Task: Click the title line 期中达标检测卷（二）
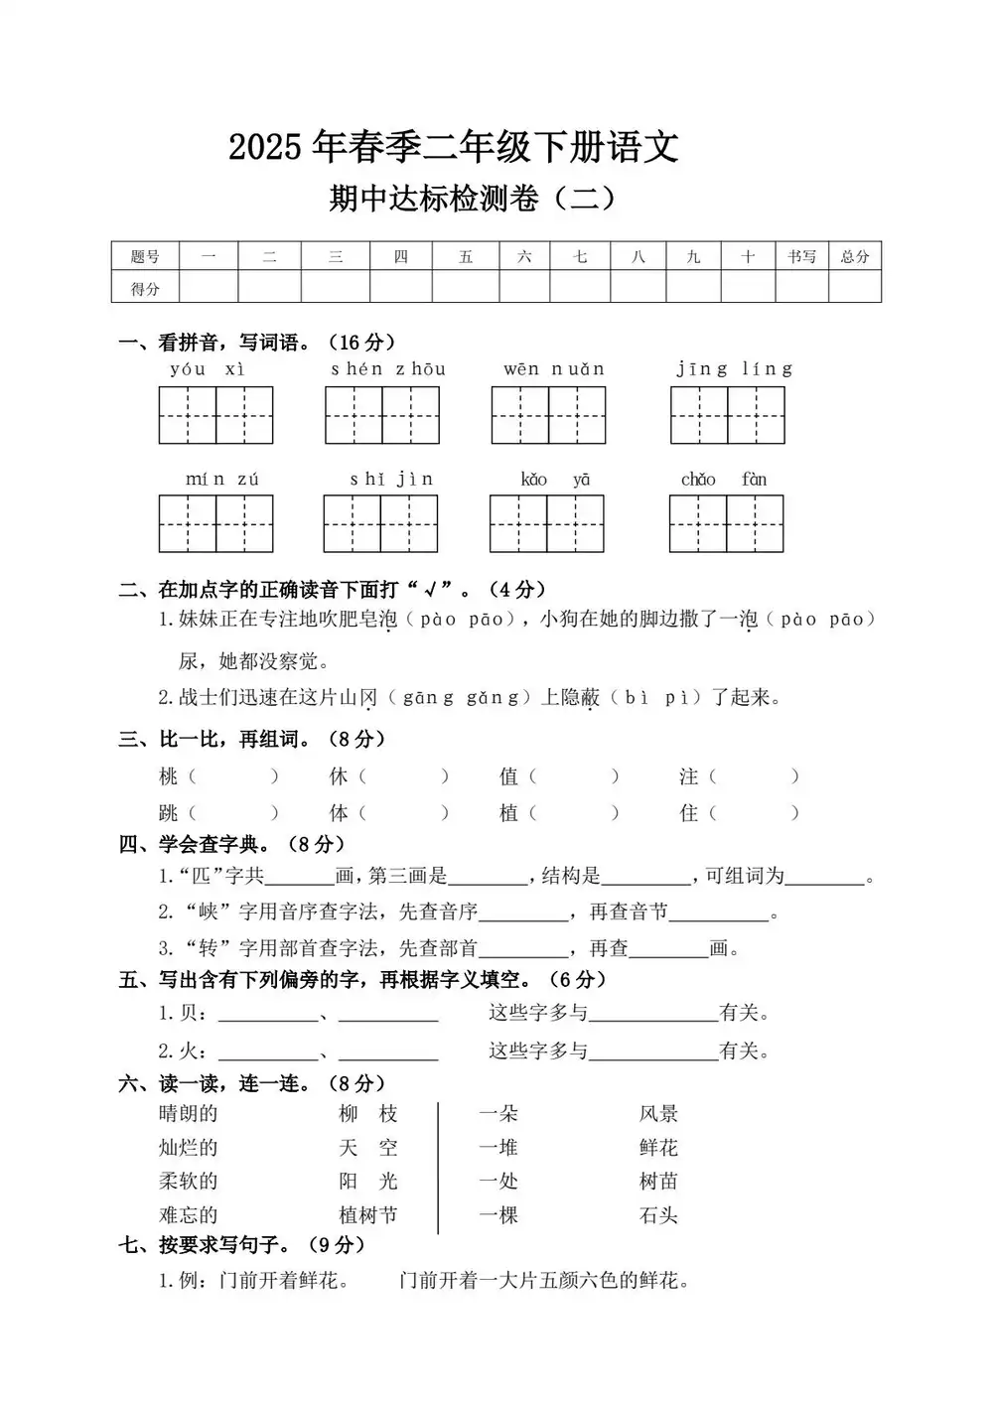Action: pos(473,199)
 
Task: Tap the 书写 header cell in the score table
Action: pos(801,257)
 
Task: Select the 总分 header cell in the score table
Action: pos(855,257)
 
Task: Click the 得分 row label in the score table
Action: pos(145,289)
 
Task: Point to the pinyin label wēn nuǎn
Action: pos(553,369)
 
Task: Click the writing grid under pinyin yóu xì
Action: pos(215,415)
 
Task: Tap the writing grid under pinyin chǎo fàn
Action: pos(726,523)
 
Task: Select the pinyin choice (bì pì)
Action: pos(656,698)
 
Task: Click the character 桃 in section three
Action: pos(169,776)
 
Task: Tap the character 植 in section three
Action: pos(509,813)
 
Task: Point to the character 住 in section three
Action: pos(689,813)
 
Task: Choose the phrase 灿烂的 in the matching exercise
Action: pos(188,1149)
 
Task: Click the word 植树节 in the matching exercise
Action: pos(367,1215)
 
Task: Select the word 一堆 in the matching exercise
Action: pos(498,1149)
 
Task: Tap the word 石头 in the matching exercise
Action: pos(658,1215)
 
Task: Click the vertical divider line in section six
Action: pos(438,1167)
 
